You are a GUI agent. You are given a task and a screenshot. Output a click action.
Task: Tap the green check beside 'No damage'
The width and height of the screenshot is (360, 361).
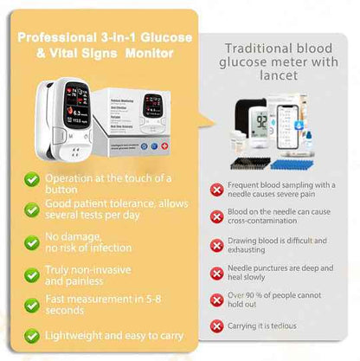click(31, 242)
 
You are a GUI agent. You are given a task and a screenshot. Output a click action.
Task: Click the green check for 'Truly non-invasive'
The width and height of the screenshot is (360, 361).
click(31, 274)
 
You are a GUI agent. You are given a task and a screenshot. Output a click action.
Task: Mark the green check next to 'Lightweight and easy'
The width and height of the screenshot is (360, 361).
click(31, 334)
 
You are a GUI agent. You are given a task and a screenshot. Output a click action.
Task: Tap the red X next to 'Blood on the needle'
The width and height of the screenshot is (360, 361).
click(216, 216)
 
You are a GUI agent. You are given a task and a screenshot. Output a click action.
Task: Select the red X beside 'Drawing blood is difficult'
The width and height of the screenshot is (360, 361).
click(216, 245)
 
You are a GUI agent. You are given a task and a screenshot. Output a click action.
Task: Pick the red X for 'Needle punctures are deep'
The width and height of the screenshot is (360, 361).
click(216, 273)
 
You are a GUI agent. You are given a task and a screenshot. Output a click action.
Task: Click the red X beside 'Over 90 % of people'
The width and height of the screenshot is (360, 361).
click(216, 300)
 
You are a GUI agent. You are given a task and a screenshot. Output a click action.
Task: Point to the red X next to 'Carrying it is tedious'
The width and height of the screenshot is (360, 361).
click(216, 326)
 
